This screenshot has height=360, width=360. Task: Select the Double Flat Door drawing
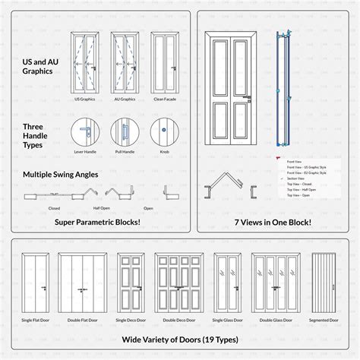pos(84,277)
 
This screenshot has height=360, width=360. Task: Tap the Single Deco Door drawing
pos(131,277)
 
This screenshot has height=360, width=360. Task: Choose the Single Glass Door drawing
pos(228,277)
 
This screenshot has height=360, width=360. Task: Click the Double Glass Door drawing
pos(274,277)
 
